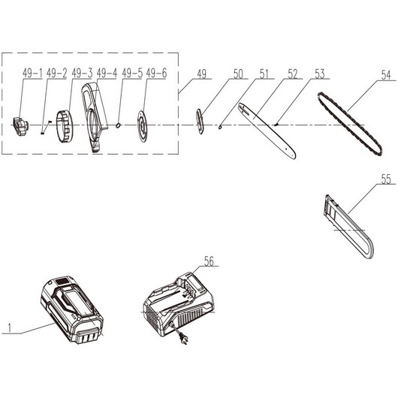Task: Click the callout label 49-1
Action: click(x=32, y=74)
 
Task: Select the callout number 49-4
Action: click(x=107, y=73)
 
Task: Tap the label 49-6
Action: click(x=156, y=73)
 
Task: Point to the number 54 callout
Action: click(x=386, y=75)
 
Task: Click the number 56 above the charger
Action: click(x=209, y=261)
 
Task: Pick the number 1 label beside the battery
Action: click(x=10, y=328)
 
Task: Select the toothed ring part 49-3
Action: click(x=65, y=126)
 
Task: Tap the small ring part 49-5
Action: click(x=118, y=125)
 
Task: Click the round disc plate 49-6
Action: click(x=143, y=126)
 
